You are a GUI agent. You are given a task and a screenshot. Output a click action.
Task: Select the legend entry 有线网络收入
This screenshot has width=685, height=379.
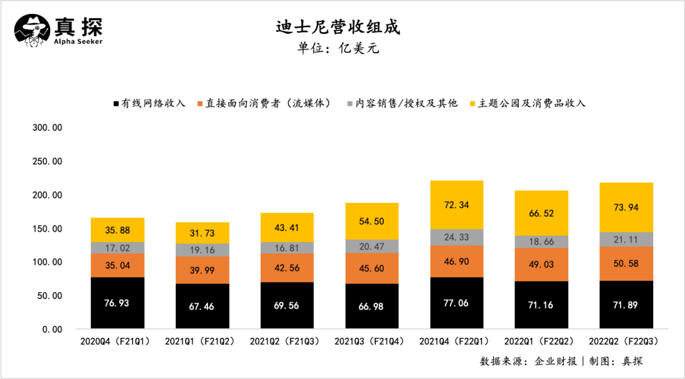click(x=149, y=103)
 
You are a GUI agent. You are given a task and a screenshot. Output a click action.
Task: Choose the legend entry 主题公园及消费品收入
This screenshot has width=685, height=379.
click(x=526, y=103)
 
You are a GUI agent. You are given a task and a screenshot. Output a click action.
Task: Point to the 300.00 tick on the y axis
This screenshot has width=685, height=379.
click(x=48, y=127)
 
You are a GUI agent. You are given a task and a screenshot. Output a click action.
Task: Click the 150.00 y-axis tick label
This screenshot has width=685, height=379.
click(x=48, y=228)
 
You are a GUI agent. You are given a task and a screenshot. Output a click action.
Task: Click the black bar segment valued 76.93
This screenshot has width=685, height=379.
click(x=117, y=304)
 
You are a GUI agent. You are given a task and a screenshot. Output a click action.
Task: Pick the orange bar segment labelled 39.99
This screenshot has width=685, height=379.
click(x=202, y=270)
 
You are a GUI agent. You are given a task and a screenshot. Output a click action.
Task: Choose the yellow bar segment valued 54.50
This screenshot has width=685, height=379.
click(x=372, y=221)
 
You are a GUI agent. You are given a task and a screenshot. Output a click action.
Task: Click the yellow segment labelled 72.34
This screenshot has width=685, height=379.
click(x=457, y=205)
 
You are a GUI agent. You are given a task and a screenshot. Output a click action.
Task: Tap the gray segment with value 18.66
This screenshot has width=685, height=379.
click(x=541, y=241)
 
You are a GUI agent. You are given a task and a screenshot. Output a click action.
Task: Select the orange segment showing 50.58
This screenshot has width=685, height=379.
click(x=626, y=259)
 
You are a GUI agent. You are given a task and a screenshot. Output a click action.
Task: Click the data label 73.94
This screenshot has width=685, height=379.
click(x=626, y=207)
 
